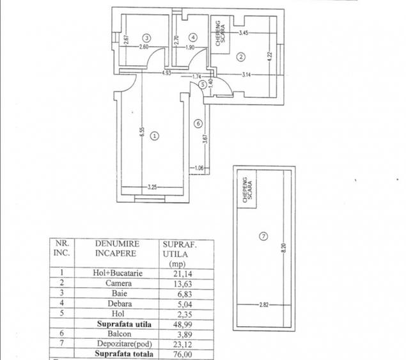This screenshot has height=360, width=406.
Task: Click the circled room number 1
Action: pyautogui.click(x=153, y=136)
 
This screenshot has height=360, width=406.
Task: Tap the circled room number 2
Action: pyautogui.click(x=241, y=57)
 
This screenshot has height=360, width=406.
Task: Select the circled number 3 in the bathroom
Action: pyautogui.click(x=147, y=37)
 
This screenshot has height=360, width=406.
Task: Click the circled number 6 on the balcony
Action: pyautogui.click(x=198, y=123)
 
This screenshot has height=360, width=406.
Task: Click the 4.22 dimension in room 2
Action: pyautogui.click(x=270, y=56)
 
